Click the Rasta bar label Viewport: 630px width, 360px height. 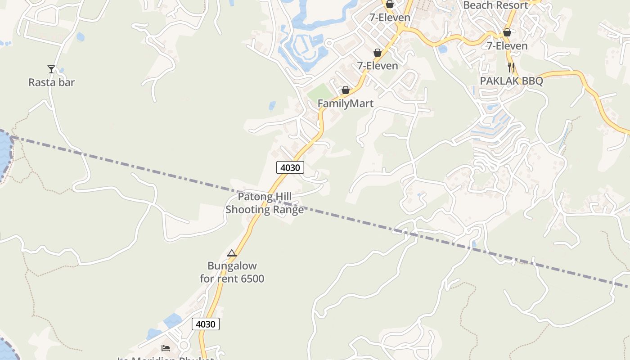(51, 82)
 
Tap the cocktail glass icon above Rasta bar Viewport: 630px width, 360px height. (51, 69)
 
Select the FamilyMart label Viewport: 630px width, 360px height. (345, 103)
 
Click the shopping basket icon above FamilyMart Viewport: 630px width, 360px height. (345, 90)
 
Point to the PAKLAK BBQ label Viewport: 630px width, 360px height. (511, 81)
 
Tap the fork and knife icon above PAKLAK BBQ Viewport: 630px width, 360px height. (511, 67)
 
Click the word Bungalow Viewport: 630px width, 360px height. (232, 265)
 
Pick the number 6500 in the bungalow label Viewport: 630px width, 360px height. (252, 279)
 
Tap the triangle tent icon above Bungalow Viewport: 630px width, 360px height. (232, 253)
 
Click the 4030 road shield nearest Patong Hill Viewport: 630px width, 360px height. (290, 168)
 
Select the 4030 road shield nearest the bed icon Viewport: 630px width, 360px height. (206, 324)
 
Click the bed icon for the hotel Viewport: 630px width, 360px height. (166, 348)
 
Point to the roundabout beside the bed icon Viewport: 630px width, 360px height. (183, 346)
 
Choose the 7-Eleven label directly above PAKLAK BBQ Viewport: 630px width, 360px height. (507, 46)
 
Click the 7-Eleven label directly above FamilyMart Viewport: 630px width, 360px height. (378, 66)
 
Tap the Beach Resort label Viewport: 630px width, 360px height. (495, 5)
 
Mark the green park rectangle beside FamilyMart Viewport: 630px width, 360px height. (322, 93)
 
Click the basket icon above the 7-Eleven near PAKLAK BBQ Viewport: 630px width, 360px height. (507, 32)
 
